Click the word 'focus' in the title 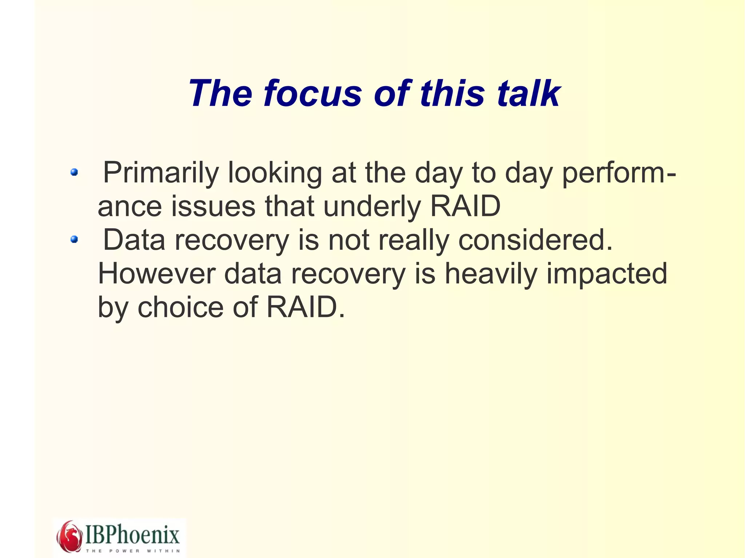click(312, 93)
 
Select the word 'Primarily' click(161, 173)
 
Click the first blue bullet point click(74, 172)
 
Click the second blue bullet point click(74, 239)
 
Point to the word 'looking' click(275, 173)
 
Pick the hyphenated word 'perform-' click(619, 173)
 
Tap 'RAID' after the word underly click(465, 206)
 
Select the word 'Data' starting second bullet click(134, 240)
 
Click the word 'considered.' click(535, 240)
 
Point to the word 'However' click(156, 273)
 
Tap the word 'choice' click(180, 307)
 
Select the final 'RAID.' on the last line click(306, 307)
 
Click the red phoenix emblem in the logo click(69, 536)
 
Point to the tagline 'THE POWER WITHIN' click(133, 551)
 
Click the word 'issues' click(213, 206)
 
